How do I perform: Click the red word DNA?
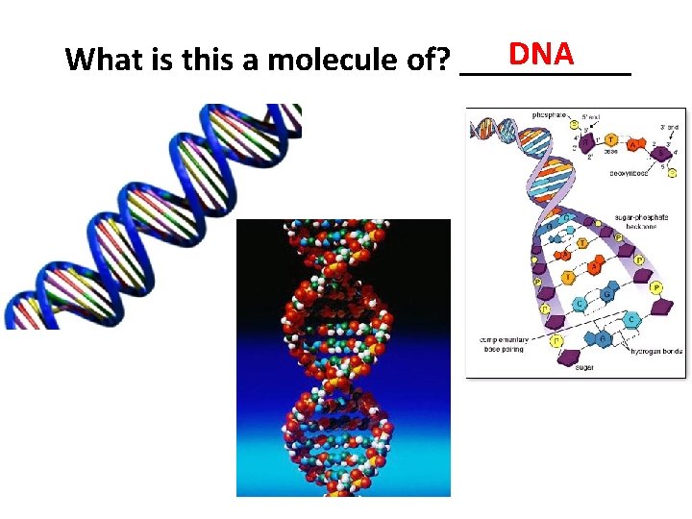pos(542,54)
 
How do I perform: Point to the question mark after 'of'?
pos(445,61)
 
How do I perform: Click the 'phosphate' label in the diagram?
pos(534,114)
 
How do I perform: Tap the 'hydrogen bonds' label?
pos(656,352)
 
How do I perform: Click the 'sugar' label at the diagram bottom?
pos(585,367)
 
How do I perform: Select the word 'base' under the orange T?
pos(612,152)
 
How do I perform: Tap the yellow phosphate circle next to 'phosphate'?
pos(575,123)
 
